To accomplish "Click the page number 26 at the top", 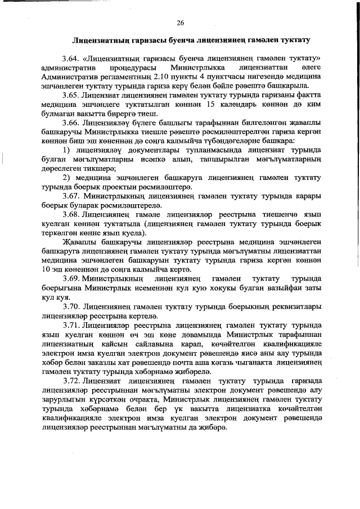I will (x=180, y=23).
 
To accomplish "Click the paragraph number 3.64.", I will (x=71, y=58).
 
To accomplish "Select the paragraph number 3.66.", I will (x=71, y=121).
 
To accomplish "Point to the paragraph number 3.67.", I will (x=71, y=195).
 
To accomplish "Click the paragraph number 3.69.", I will (x=71, y=278).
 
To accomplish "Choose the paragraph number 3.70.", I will (x=71, y=306).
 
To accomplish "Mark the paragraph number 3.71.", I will (x=71, y=325).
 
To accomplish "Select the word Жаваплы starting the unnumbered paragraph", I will (x=77, y=242).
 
